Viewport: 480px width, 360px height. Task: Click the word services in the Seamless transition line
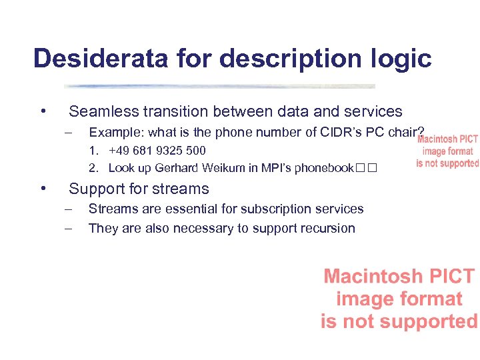(x=371, y=112)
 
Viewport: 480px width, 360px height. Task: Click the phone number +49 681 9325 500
(x=157, y=151)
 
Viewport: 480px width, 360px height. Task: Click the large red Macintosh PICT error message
(x=399, y=299)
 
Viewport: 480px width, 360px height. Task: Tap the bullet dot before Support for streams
(x=42, y=189)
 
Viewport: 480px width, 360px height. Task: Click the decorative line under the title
(x=219, y=86)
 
